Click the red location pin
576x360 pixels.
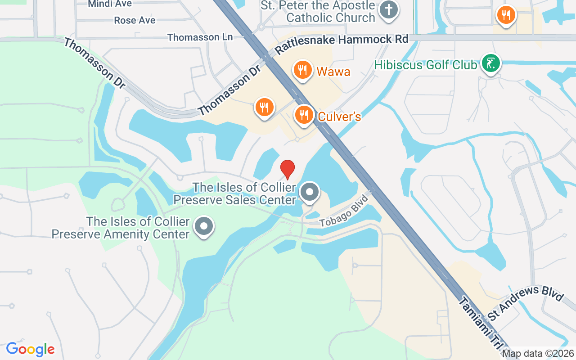[288, 169]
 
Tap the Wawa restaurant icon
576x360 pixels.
[303, 70]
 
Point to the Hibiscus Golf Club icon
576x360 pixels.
[490, 63]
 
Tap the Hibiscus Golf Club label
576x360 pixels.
[425, 65]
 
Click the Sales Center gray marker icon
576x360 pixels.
[309, 193]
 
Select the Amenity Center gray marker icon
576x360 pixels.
[203, 226]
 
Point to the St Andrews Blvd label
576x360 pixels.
[525, 303]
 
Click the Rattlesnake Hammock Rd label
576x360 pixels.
[342, 44]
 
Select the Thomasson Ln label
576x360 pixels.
[200, 37]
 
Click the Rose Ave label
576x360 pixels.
[135, 20]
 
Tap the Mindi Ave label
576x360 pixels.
[110, 4]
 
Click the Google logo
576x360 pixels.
[30, 349]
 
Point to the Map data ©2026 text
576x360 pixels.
[538, 354]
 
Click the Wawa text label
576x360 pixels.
[333, 72]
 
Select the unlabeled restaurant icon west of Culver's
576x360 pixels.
[264, 107]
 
